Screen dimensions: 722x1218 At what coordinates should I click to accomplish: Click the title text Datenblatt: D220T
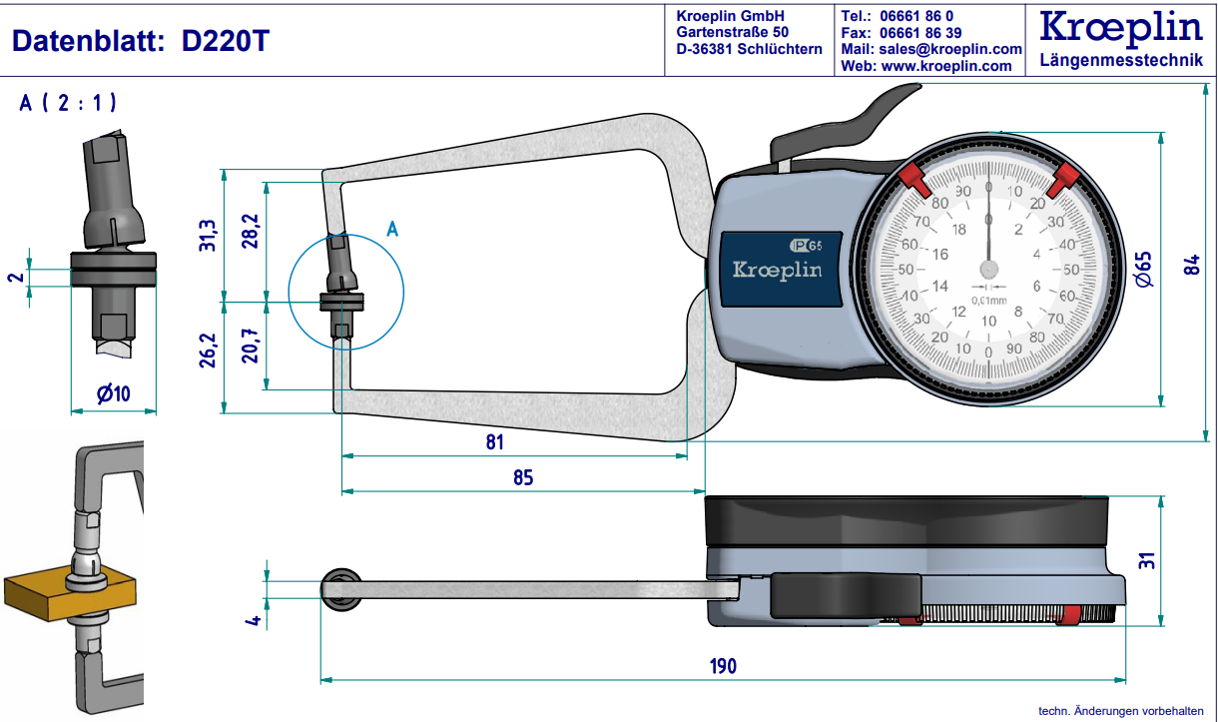pos(140,41)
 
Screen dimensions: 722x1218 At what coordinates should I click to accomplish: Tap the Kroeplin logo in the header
pos(1121,27)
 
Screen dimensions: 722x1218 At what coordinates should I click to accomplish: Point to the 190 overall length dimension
pos(722,666)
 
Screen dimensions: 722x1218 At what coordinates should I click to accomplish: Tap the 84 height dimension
pos(1192,265)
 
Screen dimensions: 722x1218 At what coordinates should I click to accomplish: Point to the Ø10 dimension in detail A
pos(114,394)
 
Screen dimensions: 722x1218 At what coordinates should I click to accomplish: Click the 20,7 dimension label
pos(250,345)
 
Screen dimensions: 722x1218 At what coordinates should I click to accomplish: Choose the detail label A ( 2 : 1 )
pos(68,103)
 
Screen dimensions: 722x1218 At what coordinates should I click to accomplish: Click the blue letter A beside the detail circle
pos(392,230)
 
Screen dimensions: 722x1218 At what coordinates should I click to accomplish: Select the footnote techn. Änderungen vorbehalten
pos(1120,711)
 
